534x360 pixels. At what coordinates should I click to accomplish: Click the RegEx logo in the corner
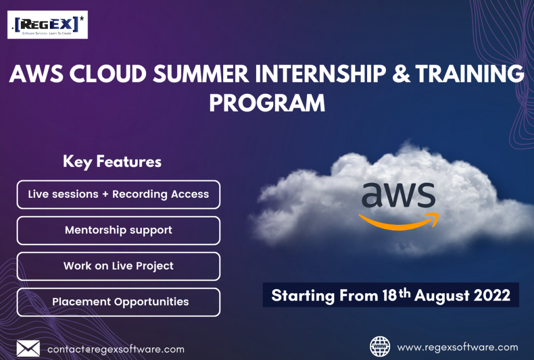[47, 25]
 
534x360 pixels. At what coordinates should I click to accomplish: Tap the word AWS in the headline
[37, 74]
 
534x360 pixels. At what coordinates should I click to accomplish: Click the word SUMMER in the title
[201, 74]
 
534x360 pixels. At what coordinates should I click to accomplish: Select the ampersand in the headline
[401, 74]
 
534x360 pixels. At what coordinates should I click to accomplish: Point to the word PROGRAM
[268, 103]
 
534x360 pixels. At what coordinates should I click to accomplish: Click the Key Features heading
[112, 161]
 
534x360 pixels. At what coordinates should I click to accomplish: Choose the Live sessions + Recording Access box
[118, 195]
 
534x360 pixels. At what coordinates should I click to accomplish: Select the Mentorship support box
[118, 231]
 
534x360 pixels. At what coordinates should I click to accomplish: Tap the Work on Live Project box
[118, 266]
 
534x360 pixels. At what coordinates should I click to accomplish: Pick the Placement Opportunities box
[118, 302]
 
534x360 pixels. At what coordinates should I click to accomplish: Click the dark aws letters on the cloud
[398, 195]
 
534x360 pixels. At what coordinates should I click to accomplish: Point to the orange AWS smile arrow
[399, 222]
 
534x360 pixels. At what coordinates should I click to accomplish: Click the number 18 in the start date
[390, 296]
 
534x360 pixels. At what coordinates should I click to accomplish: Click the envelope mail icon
[28, 349]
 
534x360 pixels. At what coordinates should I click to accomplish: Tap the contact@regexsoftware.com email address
[116, 350]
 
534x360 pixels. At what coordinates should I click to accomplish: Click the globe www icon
[380, 346]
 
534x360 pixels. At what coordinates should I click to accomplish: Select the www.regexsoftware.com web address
[457, 347]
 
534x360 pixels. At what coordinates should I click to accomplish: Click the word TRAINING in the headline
[470, 74]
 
